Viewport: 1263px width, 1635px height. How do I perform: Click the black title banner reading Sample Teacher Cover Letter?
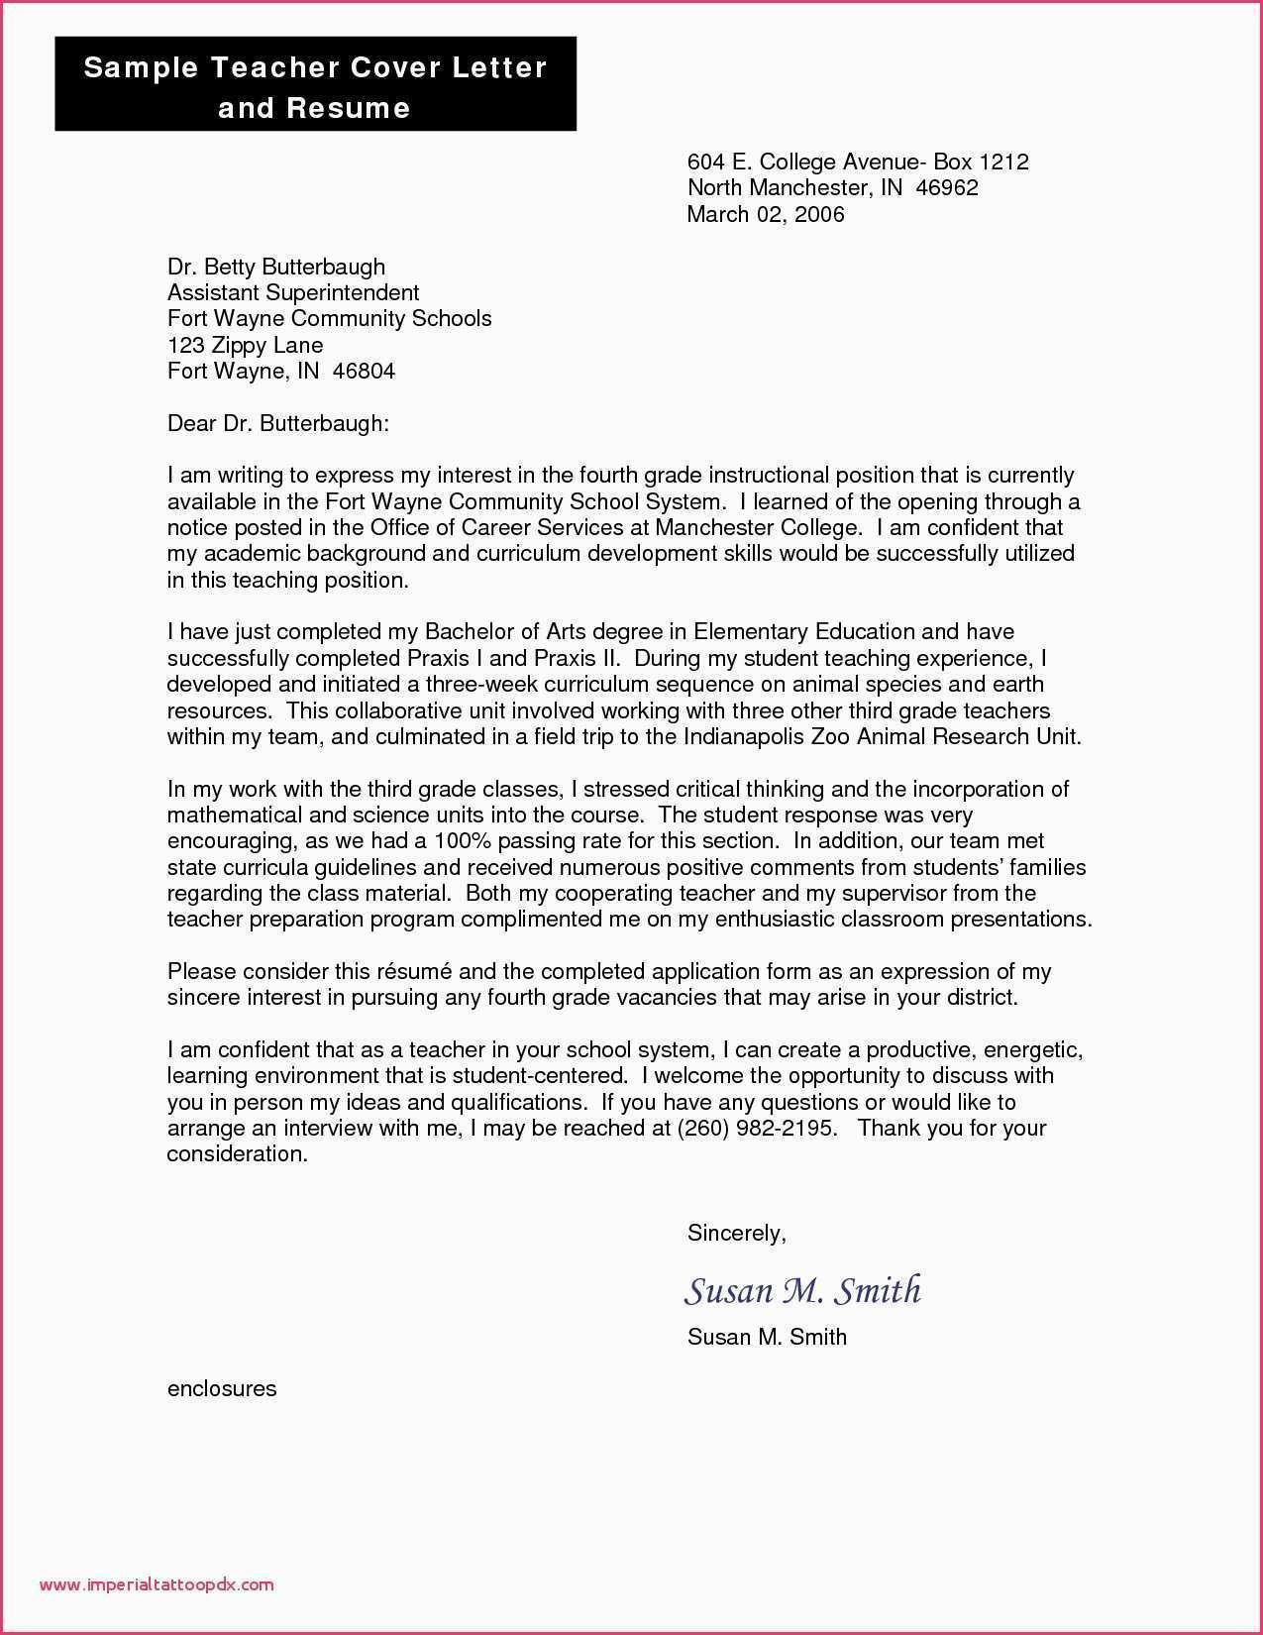point(315,85)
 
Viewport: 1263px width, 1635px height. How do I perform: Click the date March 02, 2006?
point(766,214)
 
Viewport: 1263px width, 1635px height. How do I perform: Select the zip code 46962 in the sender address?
point(947,187)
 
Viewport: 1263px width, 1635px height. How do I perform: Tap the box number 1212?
point(1003,162)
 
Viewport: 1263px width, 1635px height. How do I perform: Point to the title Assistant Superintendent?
point(293,292)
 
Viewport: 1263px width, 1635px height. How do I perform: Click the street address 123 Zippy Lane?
point(245,345)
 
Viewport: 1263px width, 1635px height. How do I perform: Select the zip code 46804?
point(364,372)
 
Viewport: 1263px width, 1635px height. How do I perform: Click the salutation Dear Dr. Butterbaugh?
point(278,423)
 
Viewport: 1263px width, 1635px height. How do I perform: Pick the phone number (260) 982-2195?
point(757,1128)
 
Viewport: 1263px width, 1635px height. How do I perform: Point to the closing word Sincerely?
point(736,1233)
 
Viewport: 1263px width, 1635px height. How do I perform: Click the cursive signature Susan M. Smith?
point(802,1290)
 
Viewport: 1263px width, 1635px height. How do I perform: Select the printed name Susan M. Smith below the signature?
point(767,1337)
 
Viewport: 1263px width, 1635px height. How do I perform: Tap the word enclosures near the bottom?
point(222,1388)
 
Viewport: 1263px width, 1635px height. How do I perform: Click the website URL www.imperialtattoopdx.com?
point(157,1584)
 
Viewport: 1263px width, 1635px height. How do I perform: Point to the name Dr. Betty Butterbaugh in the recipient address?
point(276,267)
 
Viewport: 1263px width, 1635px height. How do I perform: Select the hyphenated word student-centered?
point(539,1075)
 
